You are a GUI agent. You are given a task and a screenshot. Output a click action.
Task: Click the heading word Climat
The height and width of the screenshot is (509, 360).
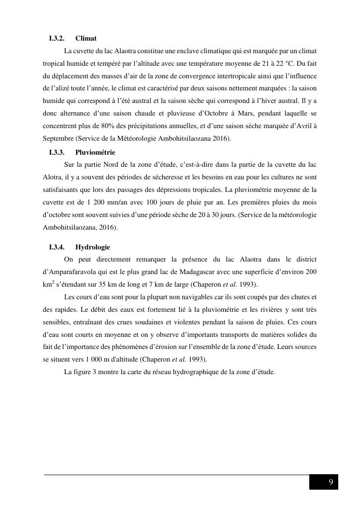click(86, 38)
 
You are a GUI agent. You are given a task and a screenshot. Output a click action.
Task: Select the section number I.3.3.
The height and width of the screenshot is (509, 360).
click(57, 152)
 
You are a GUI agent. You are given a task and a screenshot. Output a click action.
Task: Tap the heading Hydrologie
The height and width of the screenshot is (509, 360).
click(92, 247)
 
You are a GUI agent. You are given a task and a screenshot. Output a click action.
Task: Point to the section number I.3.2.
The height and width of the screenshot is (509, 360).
click(57, 38)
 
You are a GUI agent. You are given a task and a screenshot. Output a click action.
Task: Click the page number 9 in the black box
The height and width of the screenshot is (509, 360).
click(331, 482)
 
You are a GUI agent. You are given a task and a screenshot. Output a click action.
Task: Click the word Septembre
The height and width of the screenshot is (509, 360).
click(58, 139)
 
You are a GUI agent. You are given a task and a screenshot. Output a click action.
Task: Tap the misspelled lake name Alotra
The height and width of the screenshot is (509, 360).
click(52, 177)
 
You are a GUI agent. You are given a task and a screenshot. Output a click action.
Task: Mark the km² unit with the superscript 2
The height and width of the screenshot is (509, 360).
click(48, 284)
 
